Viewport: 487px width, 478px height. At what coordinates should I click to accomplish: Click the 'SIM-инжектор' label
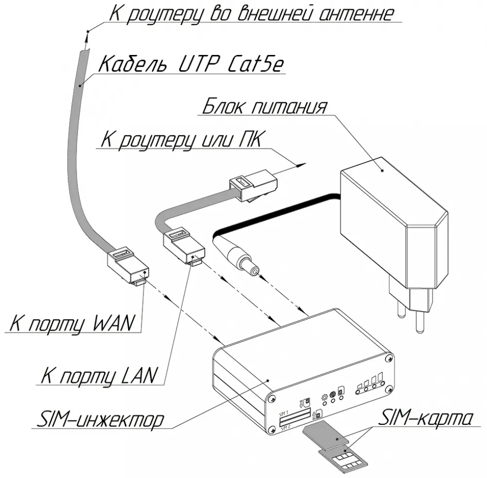coord(100,420)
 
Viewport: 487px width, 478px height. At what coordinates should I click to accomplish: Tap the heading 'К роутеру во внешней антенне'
coord(251,13)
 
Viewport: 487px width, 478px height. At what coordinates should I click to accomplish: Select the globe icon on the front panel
coord(333,395)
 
